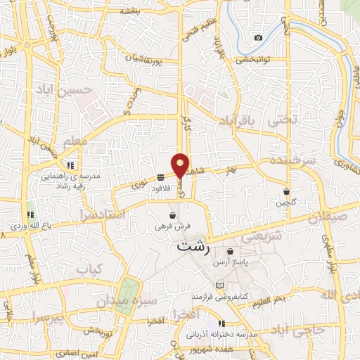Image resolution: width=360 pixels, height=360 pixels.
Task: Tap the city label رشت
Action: (193, 247)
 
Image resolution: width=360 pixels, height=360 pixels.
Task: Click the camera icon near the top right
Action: (258, 37)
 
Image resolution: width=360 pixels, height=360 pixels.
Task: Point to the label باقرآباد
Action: (235, 120)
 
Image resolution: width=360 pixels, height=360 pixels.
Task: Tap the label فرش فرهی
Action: (172, 227)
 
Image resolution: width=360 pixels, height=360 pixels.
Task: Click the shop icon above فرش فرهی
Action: (173, 215)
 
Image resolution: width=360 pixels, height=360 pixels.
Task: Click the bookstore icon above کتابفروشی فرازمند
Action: (221, 285)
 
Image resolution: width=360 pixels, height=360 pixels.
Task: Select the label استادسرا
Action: (103, 212)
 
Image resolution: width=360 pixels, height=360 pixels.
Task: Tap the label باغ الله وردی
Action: (28, 226)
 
